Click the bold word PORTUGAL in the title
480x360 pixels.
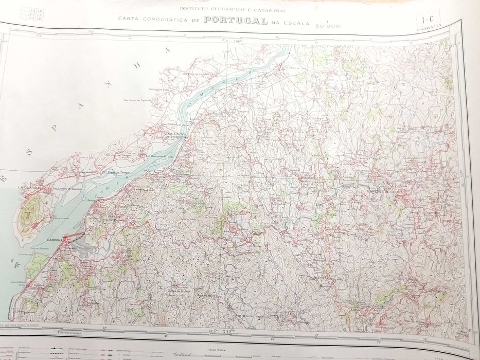pyautogui.click(x=235, y=21)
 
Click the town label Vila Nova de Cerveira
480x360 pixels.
pyautogui.click(x=175, y=136)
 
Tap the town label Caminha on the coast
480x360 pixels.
pyautogui.click(x=55, y=240)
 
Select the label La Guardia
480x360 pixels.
pyautogui.click(x=27, y=188)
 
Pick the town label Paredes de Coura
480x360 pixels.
pyautogui.click(x=383, y=192)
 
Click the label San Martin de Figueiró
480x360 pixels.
pyautogui.click(x=136, y=100)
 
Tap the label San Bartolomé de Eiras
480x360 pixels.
pyautogui.click(x=161, y=156)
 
